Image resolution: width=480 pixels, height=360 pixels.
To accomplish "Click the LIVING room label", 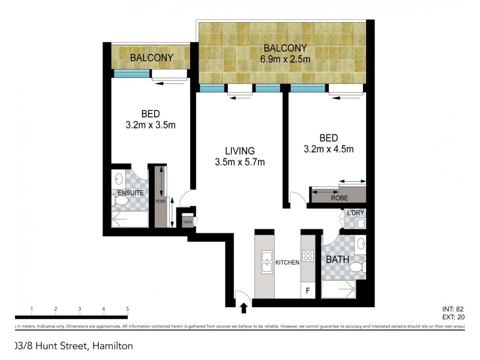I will [240, 151].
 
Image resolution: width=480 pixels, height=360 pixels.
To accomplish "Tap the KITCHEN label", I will [287, 263].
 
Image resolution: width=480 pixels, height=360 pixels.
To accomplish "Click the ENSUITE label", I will [130, 193].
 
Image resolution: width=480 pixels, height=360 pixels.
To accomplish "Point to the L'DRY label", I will [355, 214].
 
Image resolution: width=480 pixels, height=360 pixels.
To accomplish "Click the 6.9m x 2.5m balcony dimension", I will [284, 59].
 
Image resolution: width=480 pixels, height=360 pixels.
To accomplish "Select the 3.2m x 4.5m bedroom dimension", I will [329, 149].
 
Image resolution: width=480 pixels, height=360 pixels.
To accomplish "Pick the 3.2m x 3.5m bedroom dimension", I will [150, 125].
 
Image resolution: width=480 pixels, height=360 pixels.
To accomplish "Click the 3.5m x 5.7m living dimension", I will [240, 161].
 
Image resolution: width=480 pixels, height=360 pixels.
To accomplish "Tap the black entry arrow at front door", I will [244, 308].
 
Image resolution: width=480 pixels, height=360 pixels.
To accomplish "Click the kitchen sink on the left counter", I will [265, 262].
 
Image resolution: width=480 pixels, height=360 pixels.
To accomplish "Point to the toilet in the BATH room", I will [357, 266].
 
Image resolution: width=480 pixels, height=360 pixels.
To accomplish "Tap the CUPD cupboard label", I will [187, 222].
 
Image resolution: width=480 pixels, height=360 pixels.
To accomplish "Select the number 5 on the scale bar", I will [127, 309].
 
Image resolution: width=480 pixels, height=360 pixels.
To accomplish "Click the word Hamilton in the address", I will [112, 346].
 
